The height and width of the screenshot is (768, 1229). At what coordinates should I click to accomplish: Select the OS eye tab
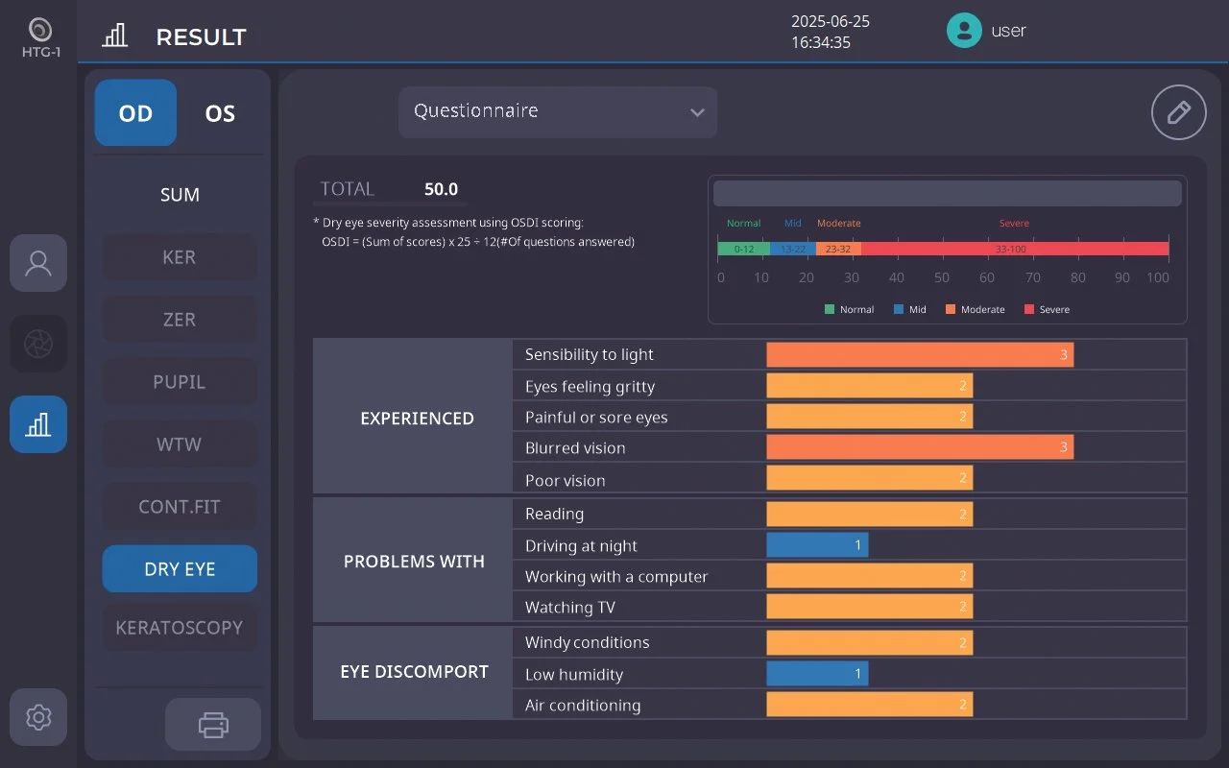tap(220, 113)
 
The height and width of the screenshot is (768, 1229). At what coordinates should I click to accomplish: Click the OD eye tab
tap(135, 113)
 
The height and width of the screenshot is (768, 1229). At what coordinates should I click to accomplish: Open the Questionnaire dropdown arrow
tap(697, 112)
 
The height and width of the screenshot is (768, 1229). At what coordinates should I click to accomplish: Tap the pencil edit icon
tap(1178, 112)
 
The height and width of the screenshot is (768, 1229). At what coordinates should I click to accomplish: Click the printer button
tap(213, 725)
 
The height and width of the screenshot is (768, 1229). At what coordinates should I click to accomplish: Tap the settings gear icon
tap(38, 717)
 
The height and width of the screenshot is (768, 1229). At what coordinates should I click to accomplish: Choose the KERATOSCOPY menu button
tap(180, 628)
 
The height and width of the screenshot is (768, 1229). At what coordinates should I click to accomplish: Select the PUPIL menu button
tap(180, 382)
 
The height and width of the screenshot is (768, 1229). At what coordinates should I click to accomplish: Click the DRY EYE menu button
tap(180, 569)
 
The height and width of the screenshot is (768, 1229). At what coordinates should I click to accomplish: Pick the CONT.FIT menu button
tap(180, 506)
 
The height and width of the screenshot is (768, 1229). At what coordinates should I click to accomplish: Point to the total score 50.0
tap(441, 189)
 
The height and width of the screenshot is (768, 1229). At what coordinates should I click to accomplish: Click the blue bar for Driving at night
tap(817, 544)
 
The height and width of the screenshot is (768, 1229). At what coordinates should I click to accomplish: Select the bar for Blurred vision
tap(920, 447)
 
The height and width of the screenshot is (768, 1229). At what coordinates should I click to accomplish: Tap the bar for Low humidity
tap(817, 674)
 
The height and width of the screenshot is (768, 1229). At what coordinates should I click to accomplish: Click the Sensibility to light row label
tap(589, 355)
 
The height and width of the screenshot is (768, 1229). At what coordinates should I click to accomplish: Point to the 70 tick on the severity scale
tap(1032, 277)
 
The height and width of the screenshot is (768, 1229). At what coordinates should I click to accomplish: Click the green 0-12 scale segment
tap(743, 249)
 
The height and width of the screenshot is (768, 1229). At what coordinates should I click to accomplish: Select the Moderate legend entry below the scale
tap(975, 309)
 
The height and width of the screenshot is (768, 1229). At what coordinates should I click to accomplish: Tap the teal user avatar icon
tap(964, 30)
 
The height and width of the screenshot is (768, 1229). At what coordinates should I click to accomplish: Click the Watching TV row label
tap(570, 608)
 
